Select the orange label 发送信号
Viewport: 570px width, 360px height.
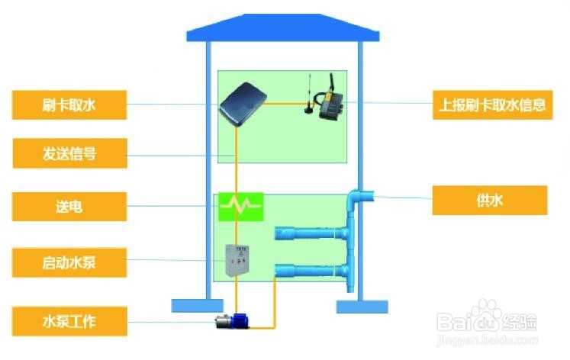coord(69,154)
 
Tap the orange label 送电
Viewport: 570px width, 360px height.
coord(69,205)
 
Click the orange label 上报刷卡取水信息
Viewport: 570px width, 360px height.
coord(489,105)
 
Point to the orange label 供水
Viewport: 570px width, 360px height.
coord(489,201)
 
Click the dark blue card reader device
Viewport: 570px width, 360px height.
coord(243,105)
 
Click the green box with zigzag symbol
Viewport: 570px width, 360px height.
coord(241,204)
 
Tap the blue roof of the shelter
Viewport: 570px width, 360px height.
coord(283,28)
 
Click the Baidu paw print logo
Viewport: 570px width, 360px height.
coord(489,313)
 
